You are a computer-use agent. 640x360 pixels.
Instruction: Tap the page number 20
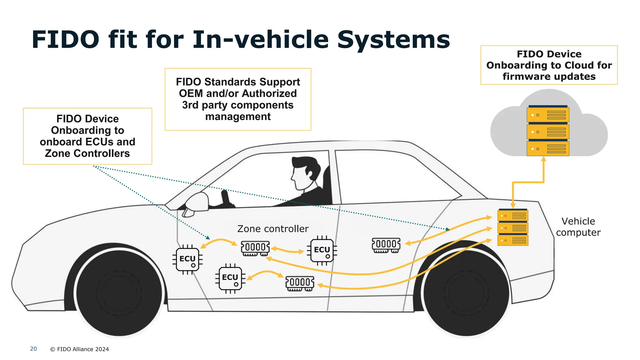33,349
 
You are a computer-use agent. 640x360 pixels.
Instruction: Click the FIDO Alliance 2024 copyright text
80,349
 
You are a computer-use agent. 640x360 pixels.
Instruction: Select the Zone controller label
273,229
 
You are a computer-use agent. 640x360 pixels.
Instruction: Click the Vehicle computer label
578,227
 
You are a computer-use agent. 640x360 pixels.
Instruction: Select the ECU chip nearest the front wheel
187,259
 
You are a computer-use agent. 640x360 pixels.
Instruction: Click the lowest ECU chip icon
230,278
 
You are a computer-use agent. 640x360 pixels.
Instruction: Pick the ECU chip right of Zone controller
322,250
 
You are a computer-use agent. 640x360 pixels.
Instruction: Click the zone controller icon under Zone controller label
255,248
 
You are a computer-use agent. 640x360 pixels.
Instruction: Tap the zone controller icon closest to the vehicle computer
386,245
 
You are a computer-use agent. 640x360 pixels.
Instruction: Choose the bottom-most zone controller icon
300,283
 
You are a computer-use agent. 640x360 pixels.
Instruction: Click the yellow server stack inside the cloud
547,131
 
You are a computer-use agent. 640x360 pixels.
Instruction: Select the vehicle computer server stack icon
512,227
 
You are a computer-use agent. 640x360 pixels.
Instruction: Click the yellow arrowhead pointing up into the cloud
543,159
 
